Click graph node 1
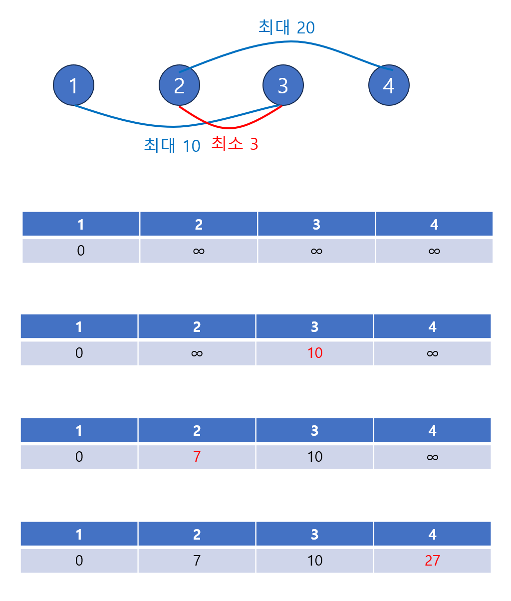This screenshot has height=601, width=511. coord(73,85)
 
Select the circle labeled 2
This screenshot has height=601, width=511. coord(179,85)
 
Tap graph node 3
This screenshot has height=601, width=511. coord(283,85)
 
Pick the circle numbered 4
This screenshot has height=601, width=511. coord(389,85)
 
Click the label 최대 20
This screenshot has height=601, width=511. coord(286,27)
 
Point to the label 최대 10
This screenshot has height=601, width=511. coord(172,146)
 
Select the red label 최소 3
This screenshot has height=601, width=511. coord(235,144)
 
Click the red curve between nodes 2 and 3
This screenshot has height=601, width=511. coord(230,128)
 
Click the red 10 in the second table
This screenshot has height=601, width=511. coord(315,353)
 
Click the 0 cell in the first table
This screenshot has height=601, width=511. coord(81,251)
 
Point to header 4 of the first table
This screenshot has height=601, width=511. coord(434,225)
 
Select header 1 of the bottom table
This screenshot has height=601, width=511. coord(79,535)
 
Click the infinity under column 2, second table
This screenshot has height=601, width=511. coord(197,353)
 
